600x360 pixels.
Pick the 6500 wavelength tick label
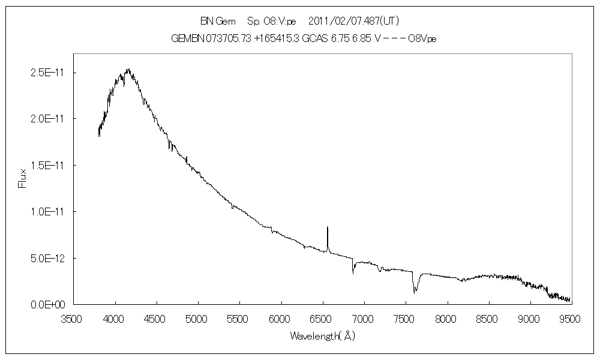click(322, 319)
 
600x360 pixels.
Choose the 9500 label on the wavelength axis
click(571, 319)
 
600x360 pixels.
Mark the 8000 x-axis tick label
click(446, 319)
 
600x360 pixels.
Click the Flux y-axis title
click(23, 178)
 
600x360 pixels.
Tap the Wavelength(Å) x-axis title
click(322, 336)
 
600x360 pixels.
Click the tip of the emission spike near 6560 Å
click(327, 227)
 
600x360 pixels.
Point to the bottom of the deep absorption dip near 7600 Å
click(415, 292)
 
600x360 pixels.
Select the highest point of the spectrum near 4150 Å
click(127, 69)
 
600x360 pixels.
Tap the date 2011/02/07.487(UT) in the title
click(353, 21)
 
